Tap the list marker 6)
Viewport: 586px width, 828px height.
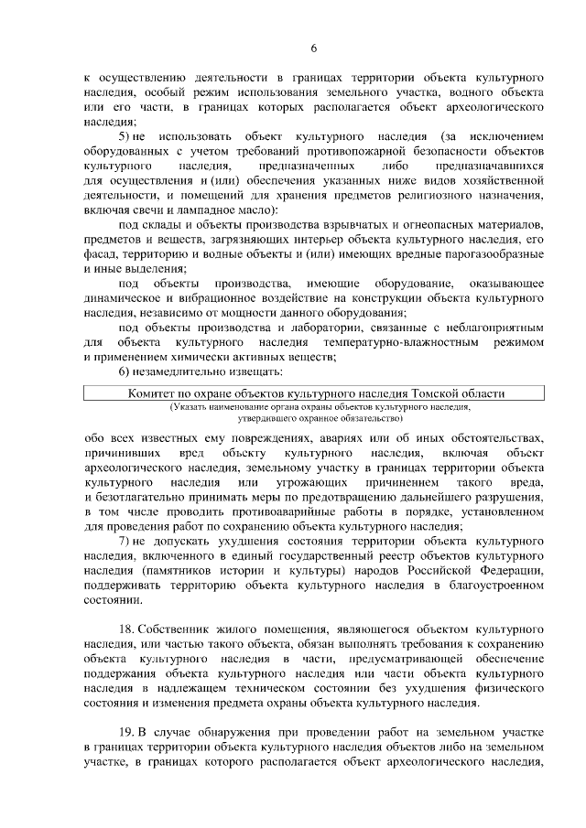(x=125, y=371)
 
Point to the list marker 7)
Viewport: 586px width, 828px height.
(x=125, y=542)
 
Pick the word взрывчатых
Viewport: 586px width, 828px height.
(x=346, y=226)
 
